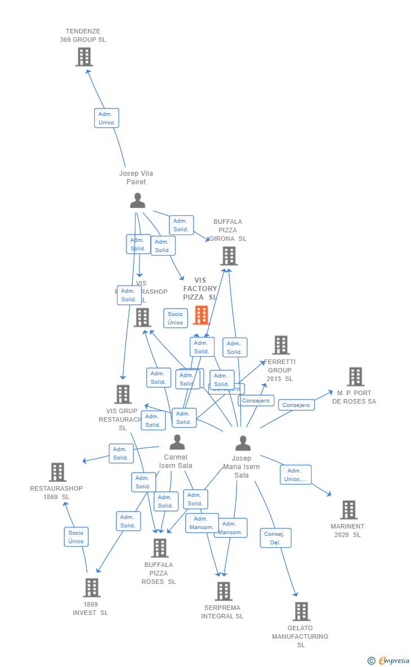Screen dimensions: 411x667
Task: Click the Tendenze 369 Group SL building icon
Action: [84, 57]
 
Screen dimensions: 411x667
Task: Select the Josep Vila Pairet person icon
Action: [137, 201]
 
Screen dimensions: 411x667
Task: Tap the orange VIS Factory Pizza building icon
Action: [201, 315]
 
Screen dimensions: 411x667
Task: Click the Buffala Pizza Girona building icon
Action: [229, 256]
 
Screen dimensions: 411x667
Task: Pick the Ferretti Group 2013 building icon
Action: [281, 345]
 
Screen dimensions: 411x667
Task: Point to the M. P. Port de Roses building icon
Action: [355, 376]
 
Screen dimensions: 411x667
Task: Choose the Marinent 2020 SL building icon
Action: [348, 510]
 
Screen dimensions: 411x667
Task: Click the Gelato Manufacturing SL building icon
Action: [301, 611]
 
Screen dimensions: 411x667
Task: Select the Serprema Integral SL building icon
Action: [224, 591]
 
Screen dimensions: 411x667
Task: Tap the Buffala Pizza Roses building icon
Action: [160, 548]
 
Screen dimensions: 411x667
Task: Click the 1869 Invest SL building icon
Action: [91, 588]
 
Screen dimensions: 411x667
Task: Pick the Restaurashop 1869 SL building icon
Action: [58, 472]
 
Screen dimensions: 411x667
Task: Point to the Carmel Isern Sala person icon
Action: [177, 442]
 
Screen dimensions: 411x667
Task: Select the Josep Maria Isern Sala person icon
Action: [243, 444]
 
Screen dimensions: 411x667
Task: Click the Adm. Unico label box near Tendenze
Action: [106, 118]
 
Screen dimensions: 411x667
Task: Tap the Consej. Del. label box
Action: [276, 538]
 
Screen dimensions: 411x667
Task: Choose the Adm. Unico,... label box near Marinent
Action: [296, 475]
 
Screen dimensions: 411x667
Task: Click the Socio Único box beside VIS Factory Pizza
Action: [176, 318]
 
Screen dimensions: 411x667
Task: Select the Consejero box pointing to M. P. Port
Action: [296, 405]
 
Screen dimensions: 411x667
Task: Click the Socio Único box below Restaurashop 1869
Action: [76, 537]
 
